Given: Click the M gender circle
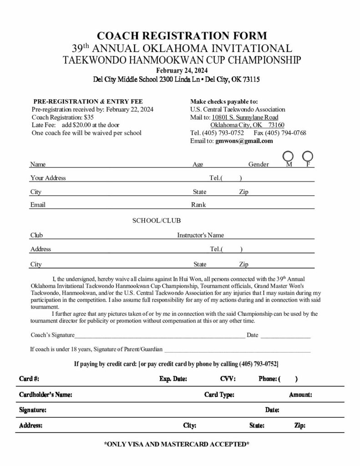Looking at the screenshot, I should tap(289, 157).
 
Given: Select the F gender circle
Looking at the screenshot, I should tap(308, 157).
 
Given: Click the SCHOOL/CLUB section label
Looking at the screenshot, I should tap(157, 221).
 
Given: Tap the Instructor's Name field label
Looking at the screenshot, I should tap(200, 235).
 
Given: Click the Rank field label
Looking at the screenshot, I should tap(198, 205).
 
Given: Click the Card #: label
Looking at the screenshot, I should tap(29, 379).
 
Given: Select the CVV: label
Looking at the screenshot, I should tap(227, 379).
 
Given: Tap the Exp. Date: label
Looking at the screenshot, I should tap(173, 379).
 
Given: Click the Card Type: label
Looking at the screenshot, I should tap(219, 395).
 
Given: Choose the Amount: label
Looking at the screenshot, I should tap(300, 395).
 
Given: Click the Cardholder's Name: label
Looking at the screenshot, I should tap(46, 395).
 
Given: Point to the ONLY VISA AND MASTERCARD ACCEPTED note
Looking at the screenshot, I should tap(177, 444).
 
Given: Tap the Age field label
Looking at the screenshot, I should tap(198, 165).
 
